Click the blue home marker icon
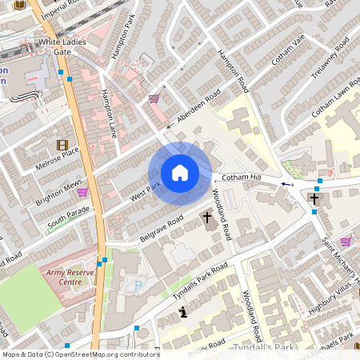[180, 173]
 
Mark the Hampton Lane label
[109, 111]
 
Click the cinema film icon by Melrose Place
[62, 145]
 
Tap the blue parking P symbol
[138, 284]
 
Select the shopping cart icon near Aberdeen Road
[153, 98]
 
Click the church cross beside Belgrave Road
[207, 217]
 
